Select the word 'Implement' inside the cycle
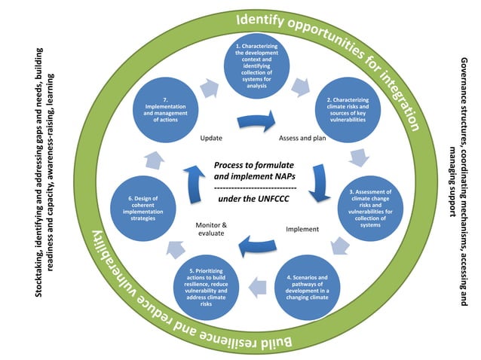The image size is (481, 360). (x=302, y=229)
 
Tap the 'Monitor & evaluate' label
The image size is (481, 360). (x=211, y=229)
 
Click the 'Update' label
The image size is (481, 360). (x=211, y=139)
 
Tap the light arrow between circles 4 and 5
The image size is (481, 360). (x=256, y=285)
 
